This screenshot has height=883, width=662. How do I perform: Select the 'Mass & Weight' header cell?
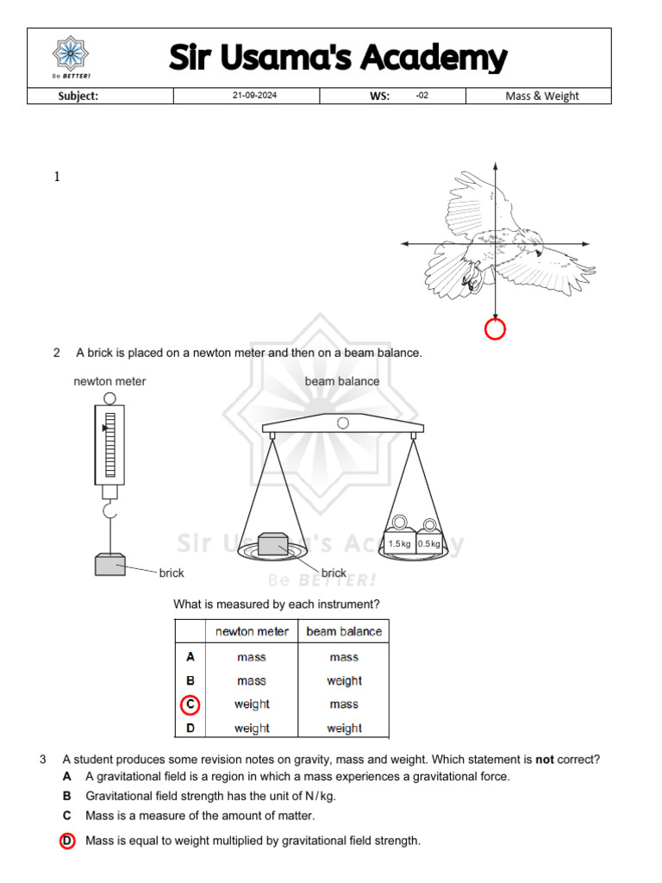pyautogui.click(x=541, y=96)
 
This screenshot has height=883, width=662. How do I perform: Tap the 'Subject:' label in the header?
pyautogui.click(x=78, y=96)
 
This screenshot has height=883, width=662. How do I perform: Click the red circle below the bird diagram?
pyautogui.click(x=495, y=329)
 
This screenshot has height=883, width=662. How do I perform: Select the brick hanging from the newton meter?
pyautogui.click(x=110, y=565)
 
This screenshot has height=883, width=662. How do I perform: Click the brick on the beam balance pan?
pyautogui.click(x=273, y=545)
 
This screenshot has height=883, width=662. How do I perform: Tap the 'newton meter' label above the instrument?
pyautogui.click(x=109, y=381)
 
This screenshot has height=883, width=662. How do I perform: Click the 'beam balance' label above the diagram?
pyautogui.click(x=341, y=381)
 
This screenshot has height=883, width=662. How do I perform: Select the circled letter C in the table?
pyautogui.click(x=190, y=705)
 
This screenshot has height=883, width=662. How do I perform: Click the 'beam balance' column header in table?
pyautogui.click(x=344, y=631)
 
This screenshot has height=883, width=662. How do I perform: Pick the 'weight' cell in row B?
pyautogui.click(x=344, y=680)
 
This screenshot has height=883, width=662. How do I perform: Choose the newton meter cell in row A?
pyautogui.click(x=252, y=657)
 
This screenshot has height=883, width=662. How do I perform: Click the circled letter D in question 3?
pyautogui.click(x=67, y=841)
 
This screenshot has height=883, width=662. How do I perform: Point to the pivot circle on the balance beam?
pyautogui.click(x=343, y=423)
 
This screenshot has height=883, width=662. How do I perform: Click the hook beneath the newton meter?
pyautogui.click(x=109, y=513)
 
